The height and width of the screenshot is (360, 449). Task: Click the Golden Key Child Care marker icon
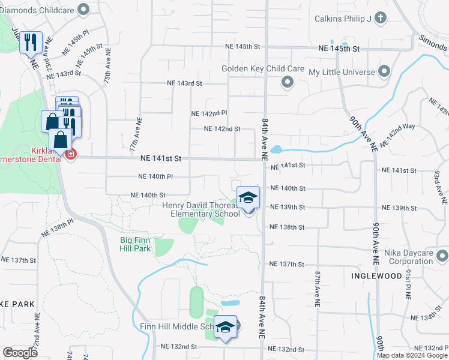(x=288, y=82)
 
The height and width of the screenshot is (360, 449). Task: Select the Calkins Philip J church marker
(x=380, y=18)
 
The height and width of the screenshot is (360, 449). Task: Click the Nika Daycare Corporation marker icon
(x=442, y=257)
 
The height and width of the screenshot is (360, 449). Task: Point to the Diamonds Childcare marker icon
(x=83, y=10)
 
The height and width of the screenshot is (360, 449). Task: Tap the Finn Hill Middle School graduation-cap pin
(x=226, y=327)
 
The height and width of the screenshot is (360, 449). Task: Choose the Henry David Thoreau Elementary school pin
(x=247, y=197)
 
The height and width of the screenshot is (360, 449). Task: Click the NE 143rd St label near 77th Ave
(x=183, y=83)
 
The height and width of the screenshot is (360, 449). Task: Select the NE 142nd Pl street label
(x=209, y=113)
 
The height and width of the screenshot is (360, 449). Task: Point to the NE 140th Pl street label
(x=155, y=176)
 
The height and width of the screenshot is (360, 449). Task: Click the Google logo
(x=20, y=352)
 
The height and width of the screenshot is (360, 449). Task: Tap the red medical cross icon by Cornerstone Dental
(x=71, y=155)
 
